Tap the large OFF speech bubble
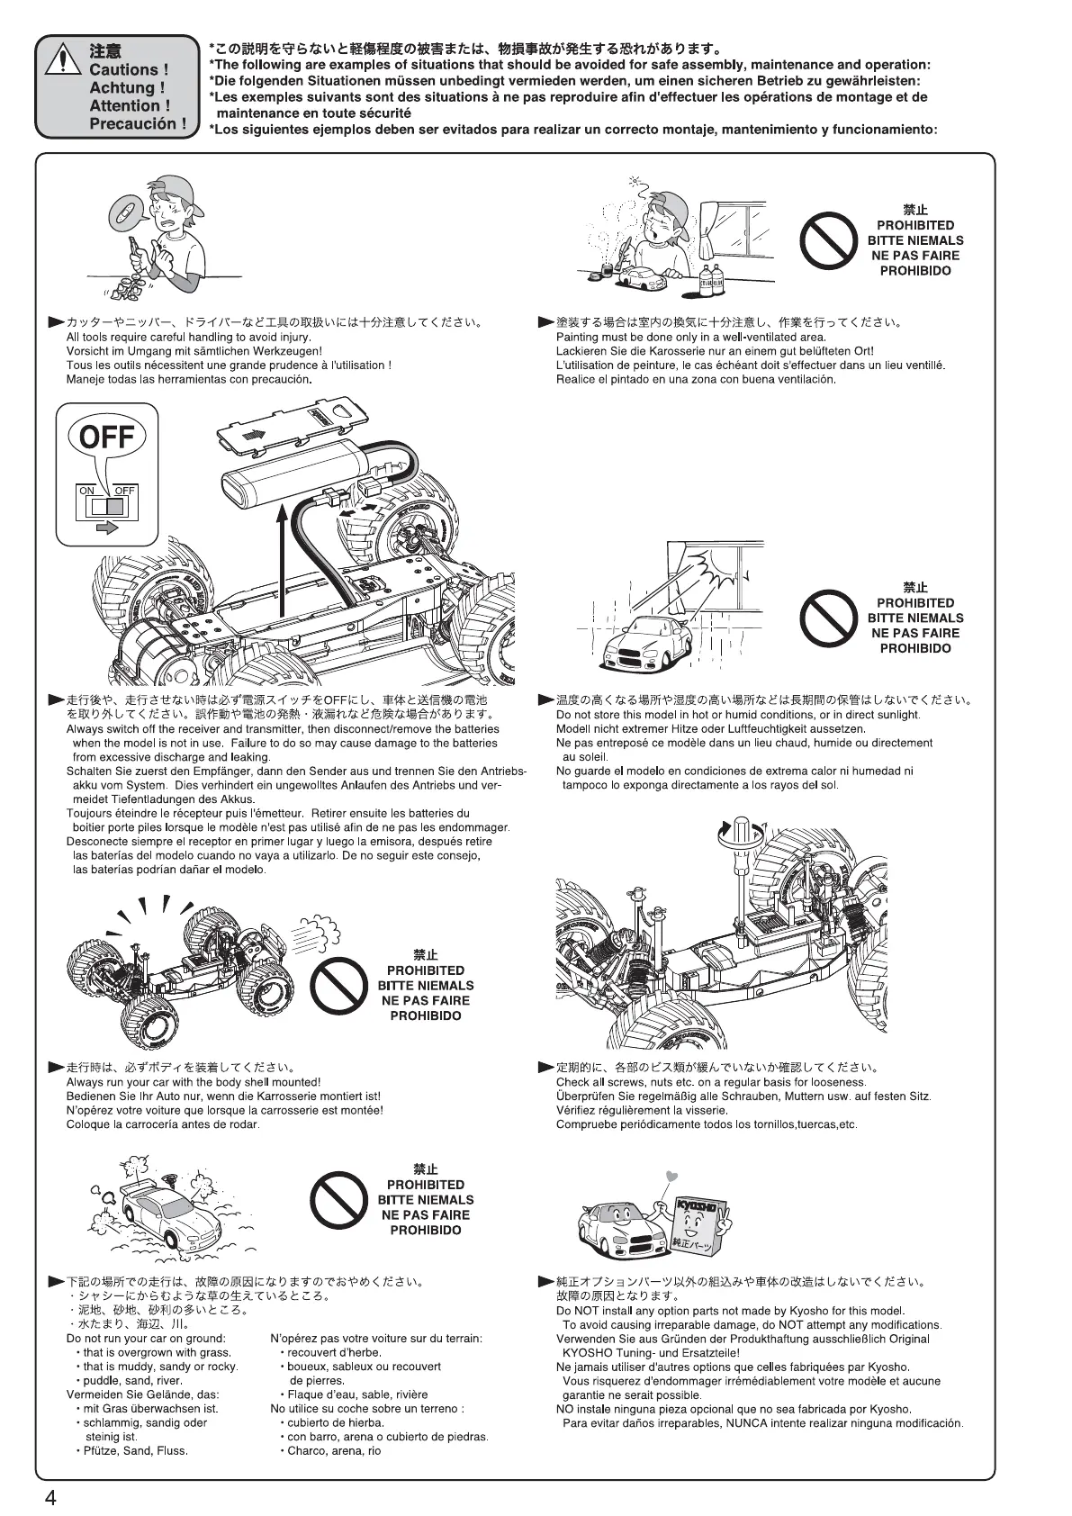tap(107, 438)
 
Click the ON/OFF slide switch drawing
tap(106, 505)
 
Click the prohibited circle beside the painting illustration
tap(827, 240)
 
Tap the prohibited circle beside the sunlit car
tap(827, 618)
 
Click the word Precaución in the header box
tap(139, 124)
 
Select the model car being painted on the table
tap(643, 277)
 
